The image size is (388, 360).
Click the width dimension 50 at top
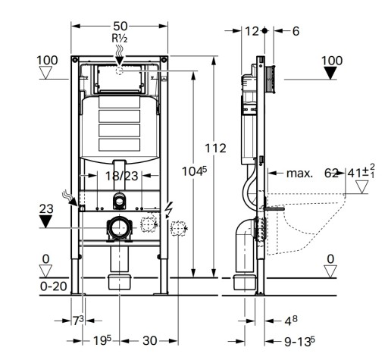(120, 26)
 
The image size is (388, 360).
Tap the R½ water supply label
(120, 39)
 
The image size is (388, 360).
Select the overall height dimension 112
(215, 149)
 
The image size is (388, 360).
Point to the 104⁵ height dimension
(194, 171)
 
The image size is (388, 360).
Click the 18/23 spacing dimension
(121, 176)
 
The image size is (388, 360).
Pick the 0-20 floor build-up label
(54, 286)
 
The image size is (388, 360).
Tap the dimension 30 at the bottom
(149, 341)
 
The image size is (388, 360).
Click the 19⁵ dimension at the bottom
(102, 340)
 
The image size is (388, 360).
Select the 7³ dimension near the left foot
(78, 321)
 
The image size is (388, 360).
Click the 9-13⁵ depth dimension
(299, 341)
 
